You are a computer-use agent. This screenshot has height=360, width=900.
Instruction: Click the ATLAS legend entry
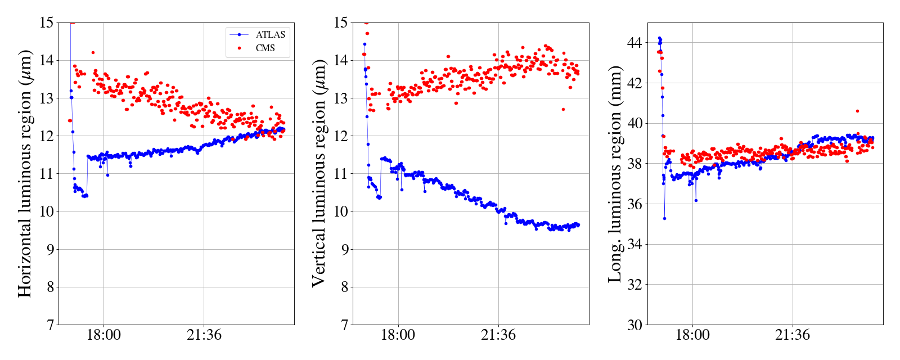pyautogui.click(x=270, y=34)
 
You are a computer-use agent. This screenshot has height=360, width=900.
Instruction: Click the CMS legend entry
pyautogui.click(x=265, y=48)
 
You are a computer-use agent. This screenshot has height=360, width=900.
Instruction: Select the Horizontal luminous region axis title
pyautogui.click(x=25, y=173)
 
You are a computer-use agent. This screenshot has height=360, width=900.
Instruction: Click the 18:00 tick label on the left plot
pyautogui.click(x=103, y=335)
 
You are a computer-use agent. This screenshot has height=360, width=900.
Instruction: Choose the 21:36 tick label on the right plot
pyautogui.click(x=793, y=335)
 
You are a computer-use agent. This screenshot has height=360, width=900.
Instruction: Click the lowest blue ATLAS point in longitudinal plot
pyautogui.click(x=664, y=218)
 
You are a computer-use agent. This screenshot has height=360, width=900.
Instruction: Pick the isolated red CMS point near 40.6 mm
pyautogui.click(x=857, y=111)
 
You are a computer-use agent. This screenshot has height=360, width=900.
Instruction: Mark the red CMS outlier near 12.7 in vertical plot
pyautogui.click(x=563, y=109)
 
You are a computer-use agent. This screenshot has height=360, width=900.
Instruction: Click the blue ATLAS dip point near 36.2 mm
pyautogui.click(x=696, y=200)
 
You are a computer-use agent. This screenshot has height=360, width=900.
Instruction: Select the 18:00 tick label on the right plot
pyautogui.click(x=692, y=335)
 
